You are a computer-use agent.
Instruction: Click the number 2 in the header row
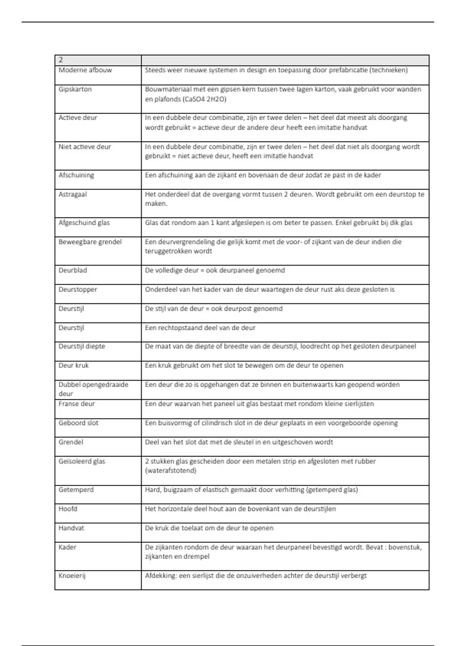point(61,60)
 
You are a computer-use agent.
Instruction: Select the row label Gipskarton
point(75,89)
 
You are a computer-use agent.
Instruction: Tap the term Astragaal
point(73,194)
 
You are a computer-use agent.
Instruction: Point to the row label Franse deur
point(76,404)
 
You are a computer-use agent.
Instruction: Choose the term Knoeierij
point(72,575)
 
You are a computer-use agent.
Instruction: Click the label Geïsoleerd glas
point(82,461)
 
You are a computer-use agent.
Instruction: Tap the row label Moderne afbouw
point(85,70)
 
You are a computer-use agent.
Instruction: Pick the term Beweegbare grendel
point(90,242)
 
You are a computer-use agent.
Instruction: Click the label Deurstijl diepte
point(82,346)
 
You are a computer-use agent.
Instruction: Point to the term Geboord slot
point(78,423)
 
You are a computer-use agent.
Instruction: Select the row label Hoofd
point(68,508)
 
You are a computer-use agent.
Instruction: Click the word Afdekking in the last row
point(161,575)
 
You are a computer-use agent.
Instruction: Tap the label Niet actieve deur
point(85,147)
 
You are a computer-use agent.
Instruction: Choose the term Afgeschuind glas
point(84,223)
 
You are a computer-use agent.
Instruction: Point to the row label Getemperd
point(76,489)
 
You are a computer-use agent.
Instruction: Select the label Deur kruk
point(73,365)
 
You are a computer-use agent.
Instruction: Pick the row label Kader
point(67,547)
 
